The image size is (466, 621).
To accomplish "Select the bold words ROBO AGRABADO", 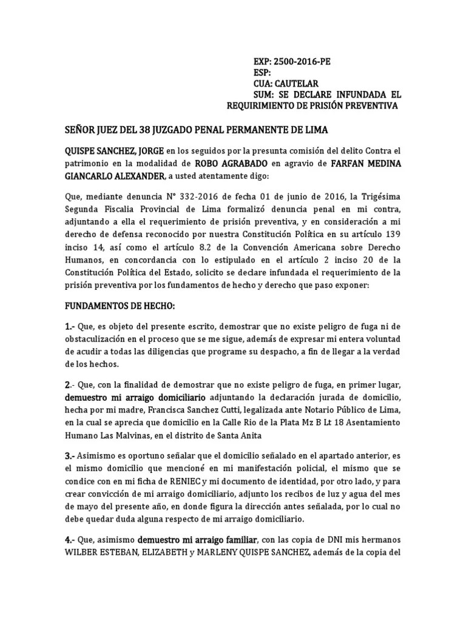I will click(231, 163).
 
